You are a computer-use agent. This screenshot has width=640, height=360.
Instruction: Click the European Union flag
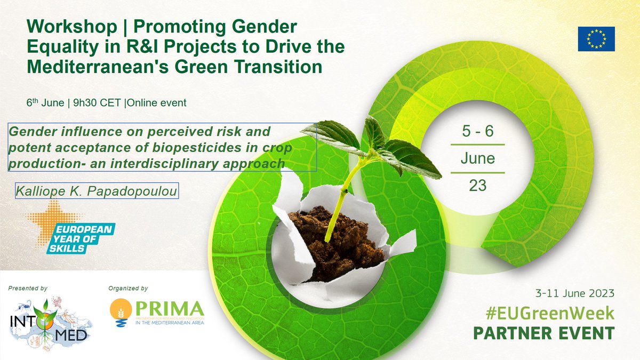(x=596, y=38)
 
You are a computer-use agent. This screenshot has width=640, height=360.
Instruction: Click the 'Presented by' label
(x=28, y=289)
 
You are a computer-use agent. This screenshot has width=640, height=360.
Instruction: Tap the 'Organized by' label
(x=127, y=289)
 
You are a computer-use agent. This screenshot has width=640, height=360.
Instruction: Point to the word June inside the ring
(x=477, y=158)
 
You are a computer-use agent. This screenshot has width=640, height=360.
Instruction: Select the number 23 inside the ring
(x=477, y=185)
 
